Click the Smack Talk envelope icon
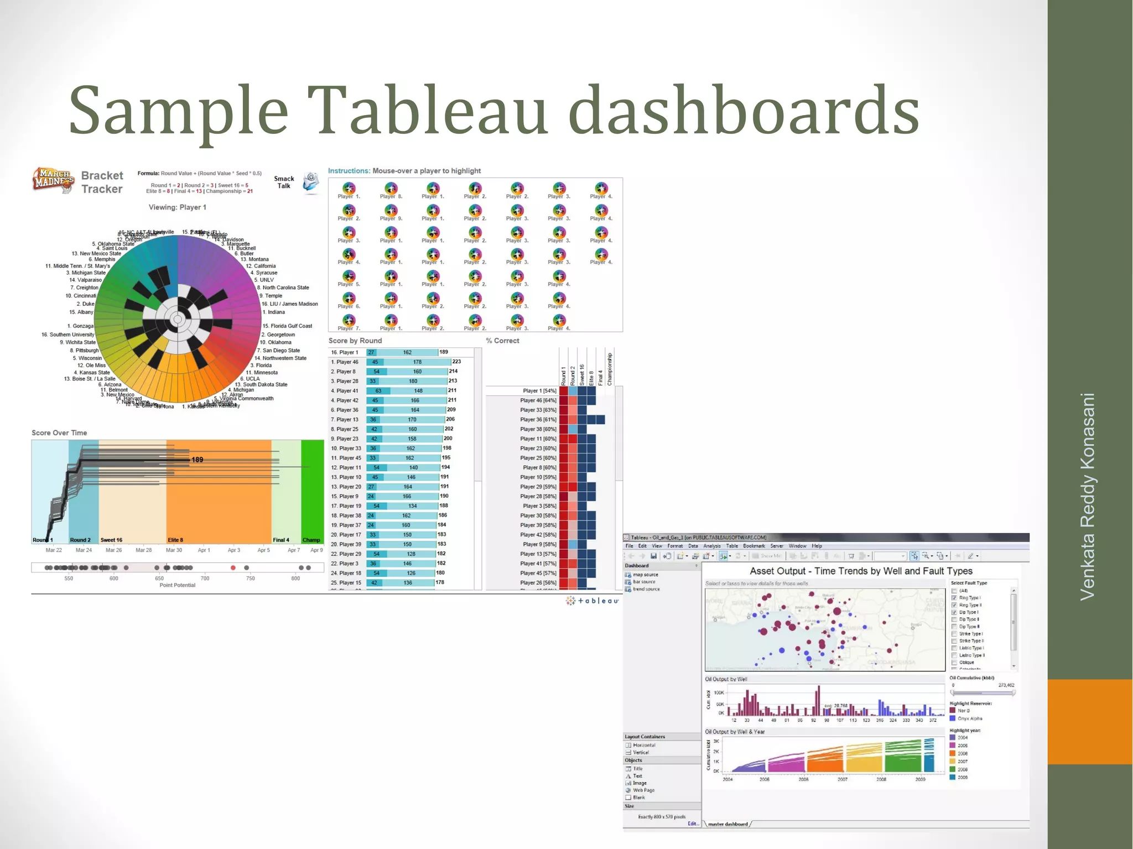(x=311, y=182)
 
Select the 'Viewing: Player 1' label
(x=177, y=207)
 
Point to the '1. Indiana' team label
(x=274, y=312)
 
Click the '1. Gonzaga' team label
(x=81, y=326)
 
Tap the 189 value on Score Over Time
(x=197, y=460)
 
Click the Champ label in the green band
(x=311, y=540)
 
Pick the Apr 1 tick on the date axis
(x=204, y=550)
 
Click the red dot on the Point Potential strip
(x=233, y=567)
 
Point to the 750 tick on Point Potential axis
(x=251, y=579)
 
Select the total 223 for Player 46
(x=456, y=362)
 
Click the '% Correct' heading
(x=502, y=341)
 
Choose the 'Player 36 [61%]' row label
(x=538, y=420)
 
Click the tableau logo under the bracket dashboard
(x=592, y=601)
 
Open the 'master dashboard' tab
(x=727, y=824)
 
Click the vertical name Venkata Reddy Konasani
(x=1088, y=496)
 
